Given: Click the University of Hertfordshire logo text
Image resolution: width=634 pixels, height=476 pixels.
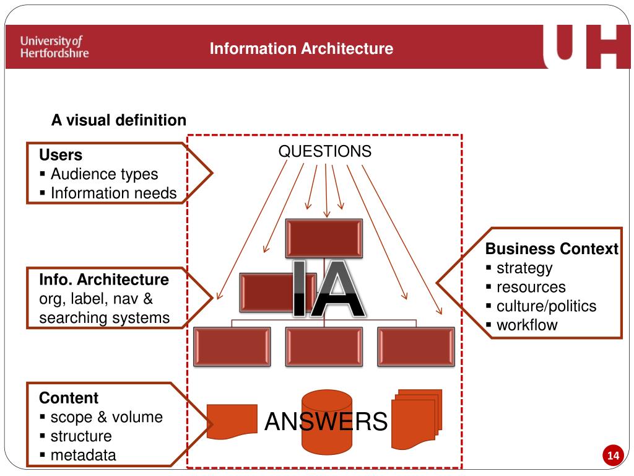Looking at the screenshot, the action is point(54,47).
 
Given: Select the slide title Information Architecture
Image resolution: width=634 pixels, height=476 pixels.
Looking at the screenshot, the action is point(301,48).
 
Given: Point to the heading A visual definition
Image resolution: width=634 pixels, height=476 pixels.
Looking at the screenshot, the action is point(118,120).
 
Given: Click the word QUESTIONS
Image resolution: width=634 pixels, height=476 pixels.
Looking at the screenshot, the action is point(324,151).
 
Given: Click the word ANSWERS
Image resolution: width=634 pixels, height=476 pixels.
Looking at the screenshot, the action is point(326,422).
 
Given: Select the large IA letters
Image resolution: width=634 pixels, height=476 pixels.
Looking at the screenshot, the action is point(326,289).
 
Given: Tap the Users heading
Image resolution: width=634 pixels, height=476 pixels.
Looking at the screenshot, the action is point(61,155).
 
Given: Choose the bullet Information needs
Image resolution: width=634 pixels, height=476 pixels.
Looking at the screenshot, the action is point(113,193).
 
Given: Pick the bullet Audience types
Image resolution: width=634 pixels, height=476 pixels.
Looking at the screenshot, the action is point(104,174).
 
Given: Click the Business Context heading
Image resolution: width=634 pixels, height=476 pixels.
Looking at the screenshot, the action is point(552,249).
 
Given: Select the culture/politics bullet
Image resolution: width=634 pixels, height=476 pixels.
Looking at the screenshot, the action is point(546,306).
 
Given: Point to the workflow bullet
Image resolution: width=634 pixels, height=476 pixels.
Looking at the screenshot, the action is point(527,325).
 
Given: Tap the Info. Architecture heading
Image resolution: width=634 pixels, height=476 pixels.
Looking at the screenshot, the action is point(103,280).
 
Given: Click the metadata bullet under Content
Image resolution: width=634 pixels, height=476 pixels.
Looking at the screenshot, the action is point(83,455).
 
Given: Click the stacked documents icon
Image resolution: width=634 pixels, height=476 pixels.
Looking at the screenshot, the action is point(416,418).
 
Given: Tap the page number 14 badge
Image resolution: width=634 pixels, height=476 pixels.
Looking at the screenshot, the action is point(613,456).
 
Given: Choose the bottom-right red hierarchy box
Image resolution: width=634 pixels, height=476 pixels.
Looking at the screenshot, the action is point(415,346).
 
